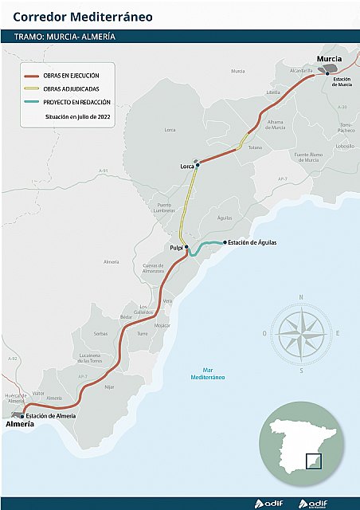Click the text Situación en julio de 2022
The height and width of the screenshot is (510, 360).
[x=78, y=116]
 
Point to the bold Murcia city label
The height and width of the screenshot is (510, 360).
[x=329, y=60]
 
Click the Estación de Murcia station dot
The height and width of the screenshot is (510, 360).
[x=327, y=73]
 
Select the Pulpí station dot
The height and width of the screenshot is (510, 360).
[x=186, y=248]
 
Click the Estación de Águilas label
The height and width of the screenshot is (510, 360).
[x=252, y=242]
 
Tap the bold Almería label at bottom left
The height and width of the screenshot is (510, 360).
[x=20, y=425]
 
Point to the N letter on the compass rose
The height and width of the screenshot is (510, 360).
[x=300, y=297]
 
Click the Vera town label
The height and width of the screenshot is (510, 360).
[x=166, y=301]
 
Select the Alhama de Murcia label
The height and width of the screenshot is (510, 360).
[x=276, y=125]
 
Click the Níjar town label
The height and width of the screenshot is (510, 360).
[x=110, y=386]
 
